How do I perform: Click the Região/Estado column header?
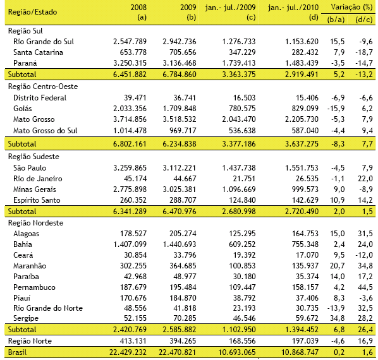[x=32, y=12]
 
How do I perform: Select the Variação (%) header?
[x=351, y=7]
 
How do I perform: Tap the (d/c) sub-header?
[x=363, y=20]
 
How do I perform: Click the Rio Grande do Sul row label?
[x=44, y=42]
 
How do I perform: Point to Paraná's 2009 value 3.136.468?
[x=180, y=63]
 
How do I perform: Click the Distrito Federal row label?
[x=40, y=98]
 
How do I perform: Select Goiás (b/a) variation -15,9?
[x=336, y=109]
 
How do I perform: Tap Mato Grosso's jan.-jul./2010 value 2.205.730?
[x=302, y=119]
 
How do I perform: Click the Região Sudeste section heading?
[x=34, y=157]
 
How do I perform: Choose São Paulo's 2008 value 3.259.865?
[x=130, y=168]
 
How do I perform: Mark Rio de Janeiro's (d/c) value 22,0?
[x=365, y=179]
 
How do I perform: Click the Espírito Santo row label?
[x=37, y=200]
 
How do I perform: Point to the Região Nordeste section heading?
[x=35, y=223]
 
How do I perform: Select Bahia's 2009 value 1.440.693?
[x=180, y=244]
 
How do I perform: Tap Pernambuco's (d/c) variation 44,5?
[x=365, y=287]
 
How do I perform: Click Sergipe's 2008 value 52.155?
[x=135, y=318]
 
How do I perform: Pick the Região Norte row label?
[x=30, y=341]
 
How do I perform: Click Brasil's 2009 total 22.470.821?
[x=177, y=352]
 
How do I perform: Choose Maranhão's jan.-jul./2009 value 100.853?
[x=242, y=266]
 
